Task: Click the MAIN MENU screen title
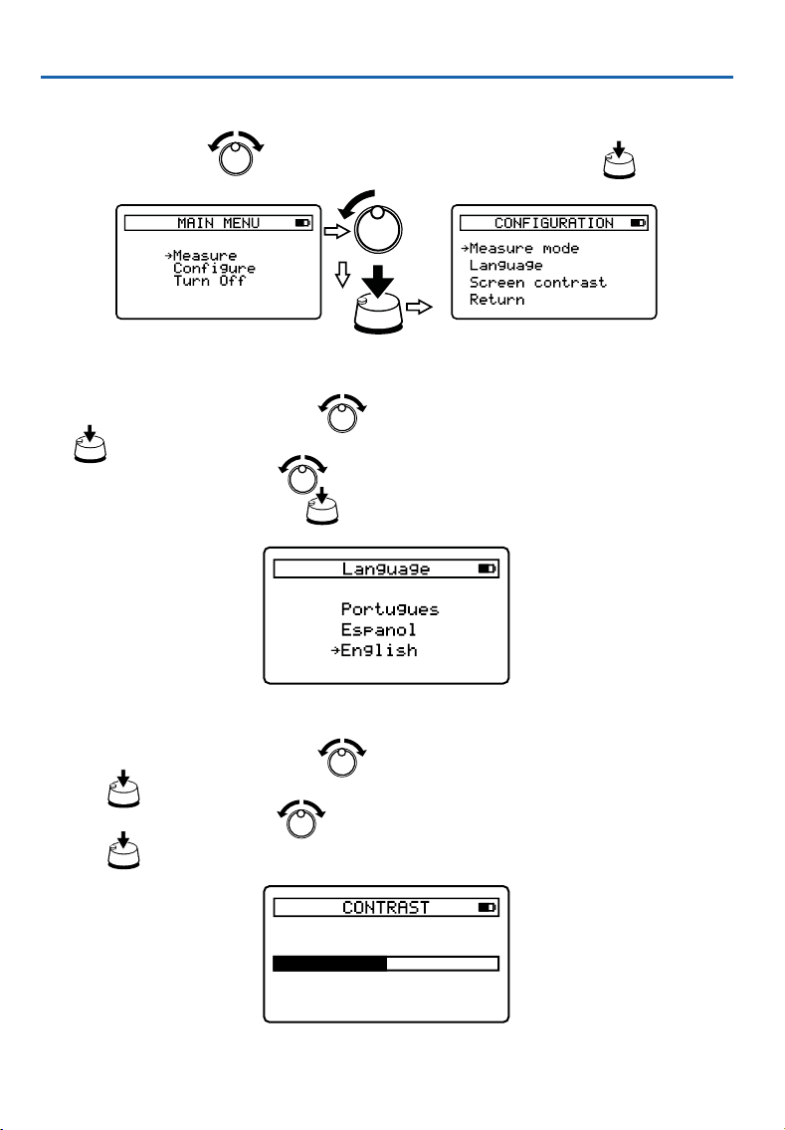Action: [218, 223]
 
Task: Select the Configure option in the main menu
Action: [214, 268]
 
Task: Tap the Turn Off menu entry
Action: [210, 281]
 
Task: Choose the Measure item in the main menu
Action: [205, 255]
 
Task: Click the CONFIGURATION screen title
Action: [554, 223]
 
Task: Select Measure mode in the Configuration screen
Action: [524, 248]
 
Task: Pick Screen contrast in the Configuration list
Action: [538, 283]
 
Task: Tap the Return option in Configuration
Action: [496, 299]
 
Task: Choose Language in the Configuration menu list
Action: [506, 266]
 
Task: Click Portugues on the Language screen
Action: [390, 609]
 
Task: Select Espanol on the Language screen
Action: [379, 630]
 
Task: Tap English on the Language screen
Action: [379, 651]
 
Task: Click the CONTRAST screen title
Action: [386, 907]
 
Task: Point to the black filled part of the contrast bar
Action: [330, 964]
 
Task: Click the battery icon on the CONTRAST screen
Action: [488, 907]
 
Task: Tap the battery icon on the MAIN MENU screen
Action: [302, 223]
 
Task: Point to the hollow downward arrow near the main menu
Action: [343, 274]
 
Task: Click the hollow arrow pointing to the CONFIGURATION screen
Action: [419, 307]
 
